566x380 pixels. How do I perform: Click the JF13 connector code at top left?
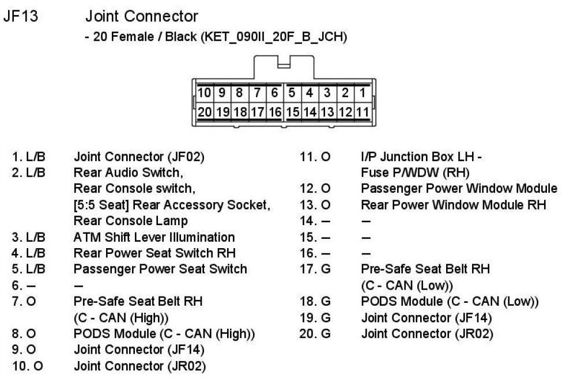(x=21, y=16)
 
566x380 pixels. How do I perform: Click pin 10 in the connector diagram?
(x=205, y=93)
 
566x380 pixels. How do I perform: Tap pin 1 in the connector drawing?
(x=363, y=93)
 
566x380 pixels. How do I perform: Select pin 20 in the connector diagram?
(x=205, y=112)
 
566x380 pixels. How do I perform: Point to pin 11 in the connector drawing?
(x=363, y=112)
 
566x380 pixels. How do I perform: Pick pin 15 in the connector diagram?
(x=293, y=112)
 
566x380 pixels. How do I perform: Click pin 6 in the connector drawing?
(x=275, y=93)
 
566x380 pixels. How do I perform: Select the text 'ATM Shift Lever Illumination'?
(x=154, y=237)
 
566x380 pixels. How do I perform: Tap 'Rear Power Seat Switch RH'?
(x=154, y=253)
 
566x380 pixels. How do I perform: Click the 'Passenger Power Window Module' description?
(x=459, y=188)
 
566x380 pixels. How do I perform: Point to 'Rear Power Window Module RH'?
(x=453, y=204)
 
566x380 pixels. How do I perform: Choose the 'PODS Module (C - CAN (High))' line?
(x=164, y=333)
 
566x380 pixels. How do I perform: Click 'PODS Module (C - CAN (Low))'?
(x=450, y=301)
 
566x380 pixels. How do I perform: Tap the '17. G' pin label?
(x=315, y=269)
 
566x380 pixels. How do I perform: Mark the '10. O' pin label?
(x=27, y=366)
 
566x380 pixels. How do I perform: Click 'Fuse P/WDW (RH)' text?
(x=415, y=172)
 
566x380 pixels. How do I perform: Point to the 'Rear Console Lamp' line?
(x=131, y=221)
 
